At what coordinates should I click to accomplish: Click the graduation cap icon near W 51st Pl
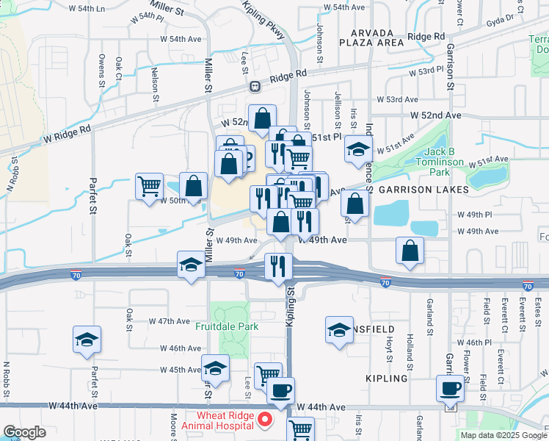[x=357, y=150]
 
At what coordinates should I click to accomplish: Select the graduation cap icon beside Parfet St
[x=87, y=339]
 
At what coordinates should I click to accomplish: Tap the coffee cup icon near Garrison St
[x=449, y=387]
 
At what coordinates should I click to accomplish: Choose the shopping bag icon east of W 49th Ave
[x=410, y=250]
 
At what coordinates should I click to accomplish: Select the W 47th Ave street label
[x=170, y=321]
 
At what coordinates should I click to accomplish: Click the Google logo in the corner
[x=24, y=433]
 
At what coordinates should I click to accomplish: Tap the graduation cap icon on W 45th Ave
[x=215, y=368]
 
